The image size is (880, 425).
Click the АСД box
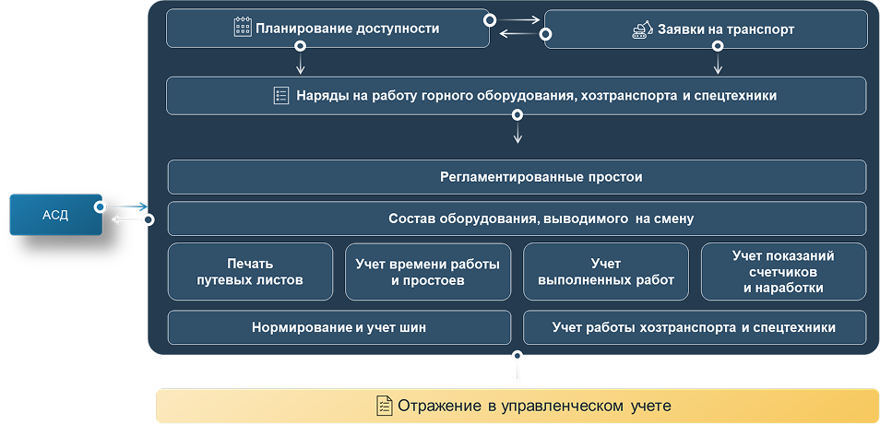(x=55, y=215)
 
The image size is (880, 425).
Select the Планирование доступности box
(x=327, y=29)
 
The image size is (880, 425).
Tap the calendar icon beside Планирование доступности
(x=243, y=28)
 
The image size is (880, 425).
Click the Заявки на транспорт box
(x=706, y=30)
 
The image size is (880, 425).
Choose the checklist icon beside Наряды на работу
(x=281, y=95)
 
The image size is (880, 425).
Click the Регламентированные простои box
(x=517, y=177)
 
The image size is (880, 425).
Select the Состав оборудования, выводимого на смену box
(x=517, y=219)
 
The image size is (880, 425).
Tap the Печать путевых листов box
(x=250, y=272)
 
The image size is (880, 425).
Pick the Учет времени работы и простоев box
(x=428, y=272)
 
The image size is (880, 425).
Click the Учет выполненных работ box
(x=606, y=272)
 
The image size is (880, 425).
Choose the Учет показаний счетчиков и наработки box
(x=784, y=272)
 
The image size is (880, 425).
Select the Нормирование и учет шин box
(x=339, y=327)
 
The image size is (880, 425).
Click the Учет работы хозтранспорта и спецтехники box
(x=695, y=327)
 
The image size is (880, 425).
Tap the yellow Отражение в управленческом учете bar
(x=517, y=406)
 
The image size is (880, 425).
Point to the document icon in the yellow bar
(x=384, y=406)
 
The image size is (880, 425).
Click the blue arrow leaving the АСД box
(x=129, y=207)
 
